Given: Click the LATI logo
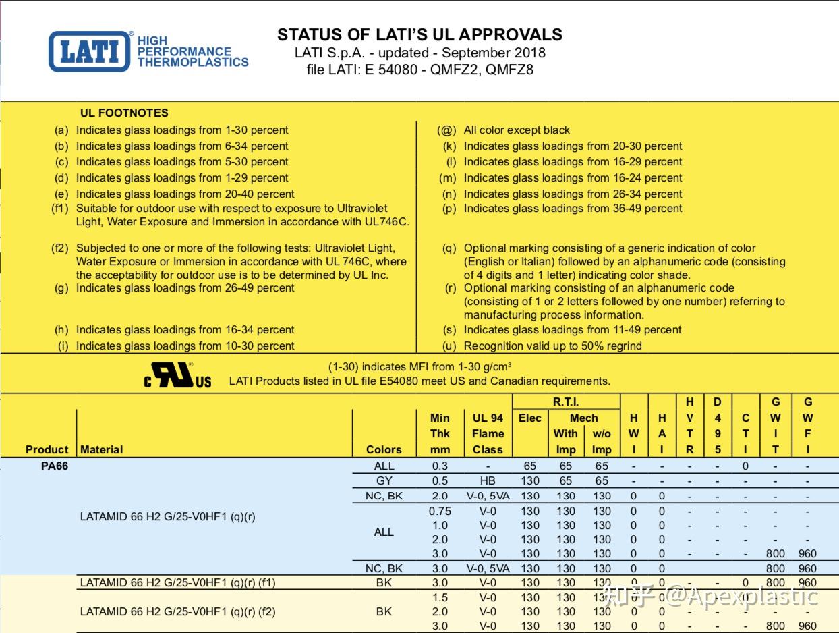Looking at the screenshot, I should pos(89,51).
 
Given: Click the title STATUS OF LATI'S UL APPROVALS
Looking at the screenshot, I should pos(419,35).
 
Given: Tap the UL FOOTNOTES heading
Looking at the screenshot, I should pos(124,113).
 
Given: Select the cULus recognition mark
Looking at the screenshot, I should pos(177,375).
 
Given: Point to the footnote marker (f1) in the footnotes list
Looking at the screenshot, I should pos(61,209).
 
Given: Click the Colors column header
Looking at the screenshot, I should pos(384,449).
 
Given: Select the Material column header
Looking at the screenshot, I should pos(101,449).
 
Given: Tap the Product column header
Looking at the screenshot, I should pos(47,449).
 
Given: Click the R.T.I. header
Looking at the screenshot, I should pos(566,402).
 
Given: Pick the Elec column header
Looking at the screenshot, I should pos(530,418).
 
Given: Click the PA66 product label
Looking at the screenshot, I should pos(54,466).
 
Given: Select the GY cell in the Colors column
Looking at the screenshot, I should pos(384,481).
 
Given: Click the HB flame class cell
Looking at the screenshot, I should pos(488,481).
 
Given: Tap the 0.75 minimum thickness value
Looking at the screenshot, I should pos(440,511).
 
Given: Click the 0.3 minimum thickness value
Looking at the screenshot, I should pos(440,466).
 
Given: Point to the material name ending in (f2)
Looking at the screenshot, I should pos(177,612).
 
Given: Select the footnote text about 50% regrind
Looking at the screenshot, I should pos(552,346).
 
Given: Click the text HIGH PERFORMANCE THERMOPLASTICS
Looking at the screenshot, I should pos(193,51).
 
